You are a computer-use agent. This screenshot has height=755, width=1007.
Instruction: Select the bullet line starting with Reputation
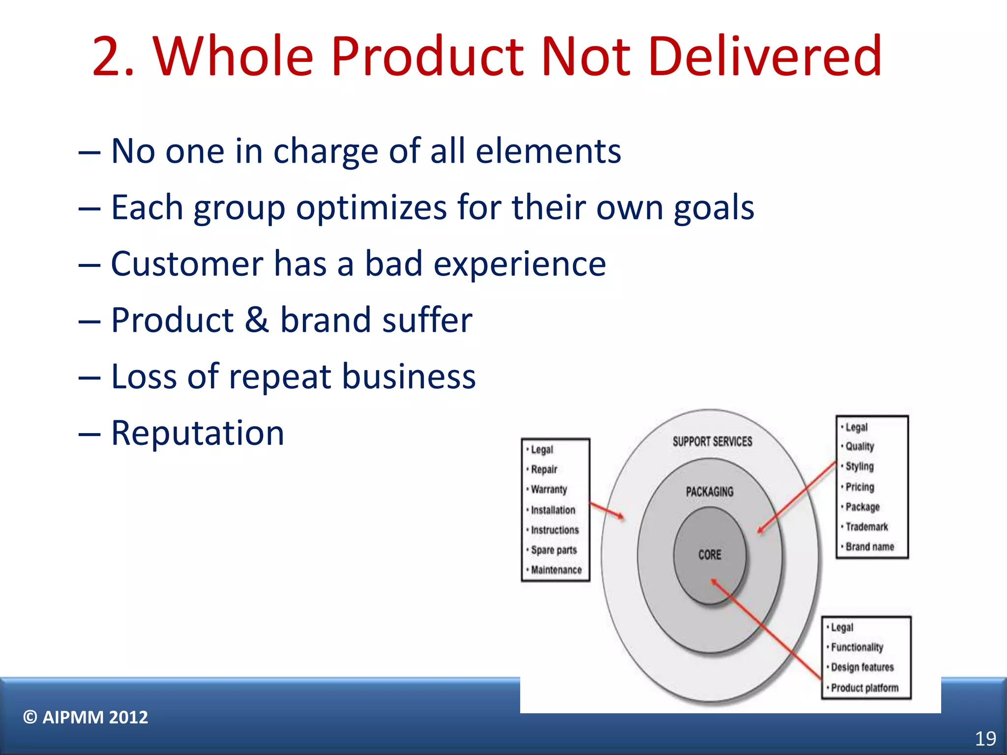197,433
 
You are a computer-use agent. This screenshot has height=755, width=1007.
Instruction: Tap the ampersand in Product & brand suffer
256,320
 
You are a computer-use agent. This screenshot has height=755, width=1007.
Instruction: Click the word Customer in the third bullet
187,264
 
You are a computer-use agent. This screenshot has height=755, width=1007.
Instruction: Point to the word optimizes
371,207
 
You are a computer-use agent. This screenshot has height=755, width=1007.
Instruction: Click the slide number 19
985,739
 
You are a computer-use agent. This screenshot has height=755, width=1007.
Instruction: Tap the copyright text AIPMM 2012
86,717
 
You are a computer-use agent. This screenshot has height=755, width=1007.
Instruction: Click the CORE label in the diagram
710,555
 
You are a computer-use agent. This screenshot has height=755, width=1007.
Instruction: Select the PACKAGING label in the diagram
710,492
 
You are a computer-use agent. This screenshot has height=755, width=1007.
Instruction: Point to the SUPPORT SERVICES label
712,441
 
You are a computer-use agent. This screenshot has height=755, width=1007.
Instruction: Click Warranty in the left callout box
549,490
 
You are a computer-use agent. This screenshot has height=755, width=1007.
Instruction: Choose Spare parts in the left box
554,550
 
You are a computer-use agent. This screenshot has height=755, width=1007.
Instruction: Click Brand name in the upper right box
869,547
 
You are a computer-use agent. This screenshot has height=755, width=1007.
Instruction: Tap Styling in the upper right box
859,466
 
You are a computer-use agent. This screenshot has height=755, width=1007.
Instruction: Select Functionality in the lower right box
857,647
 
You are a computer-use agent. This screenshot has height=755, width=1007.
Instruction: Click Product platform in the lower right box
864,688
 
